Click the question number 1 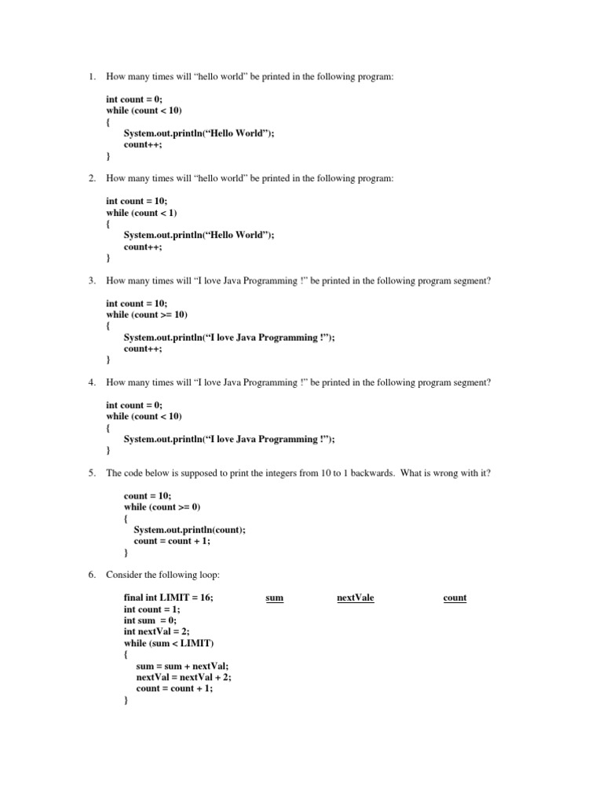click(91, 77)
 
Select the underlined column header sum click(274, 598)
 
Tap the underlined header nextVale click(355, 598)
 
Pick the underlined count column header click(455, 598)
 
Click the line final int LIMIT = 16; click(168, 598)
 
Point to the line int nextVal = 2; click(156, 631)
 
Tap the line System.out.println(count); click(189, 529)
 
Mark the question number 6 click(91, 576)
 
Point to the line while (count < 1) click(142, 213)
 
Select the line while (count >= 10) click(147, 315)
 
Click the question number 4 click(91, 382)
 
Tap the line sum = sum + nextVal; click(182, 665)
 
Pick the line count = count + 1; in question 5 click(172, 541)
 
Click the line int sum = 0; click(150, 620)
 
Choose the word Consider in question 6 click(124, 576)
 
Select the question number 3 click(91, 280)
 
